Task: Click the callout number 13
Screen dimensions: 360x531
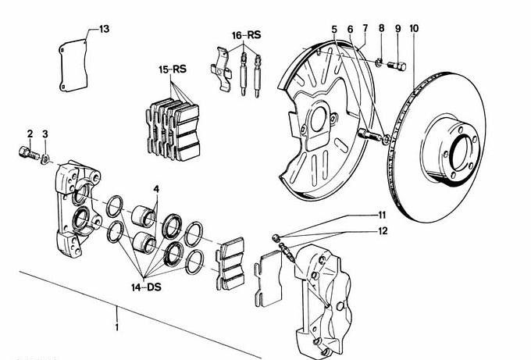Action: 105,29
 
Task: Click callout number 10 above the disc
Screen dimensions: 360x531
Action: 414,29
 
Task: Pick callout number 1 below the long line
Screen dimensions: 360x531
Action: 117,326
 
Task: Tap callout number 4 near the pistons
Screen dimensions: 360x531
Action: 156,189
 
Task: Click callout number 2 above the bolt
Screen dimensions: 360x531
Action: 29,134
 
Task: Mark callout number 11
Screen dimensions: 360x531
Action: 382,214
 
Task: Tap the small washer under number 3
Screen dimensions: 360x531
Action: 46,159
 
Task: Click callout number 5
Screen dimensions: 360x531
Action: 334,30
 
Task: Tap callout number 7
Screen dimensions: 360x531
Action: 365,29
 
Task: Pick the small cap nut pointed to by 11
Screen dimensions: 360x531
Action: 276,237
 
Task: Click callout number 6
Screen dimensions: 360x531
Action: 350,30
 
